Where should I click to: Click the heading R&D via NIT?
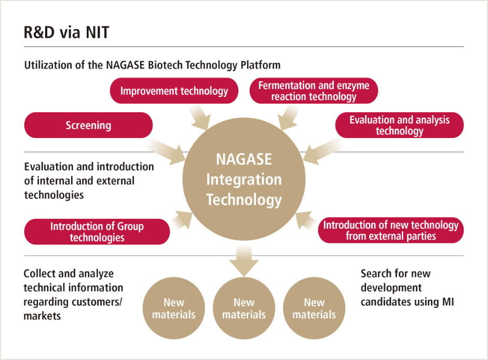[x=66, y=32]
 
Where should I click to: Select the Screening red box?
[x=88, y=125]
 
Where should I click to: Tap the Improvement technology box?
[x=174, y=91]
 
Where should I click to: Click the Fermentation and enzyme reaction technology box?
[x=314, y=91]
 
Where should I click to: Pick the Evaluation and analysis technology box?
[x=399, y=125]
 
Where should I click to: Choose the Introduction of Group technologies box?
[x=97, y=231]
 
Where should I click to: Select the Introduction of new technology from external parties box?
[x=390, y=230]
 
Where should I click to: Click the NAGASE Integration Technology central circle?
[x=244, y=179]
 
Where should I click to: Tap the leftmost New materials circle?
[x=174, y=308]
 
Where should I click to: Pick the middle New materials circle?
[x=244, y=308]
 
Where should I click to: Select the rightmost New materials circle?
[x=314, y=308]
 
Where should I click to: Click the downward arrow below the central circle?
[x=244, y=259]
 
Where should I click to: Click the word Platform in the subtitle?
[x=261, y=65]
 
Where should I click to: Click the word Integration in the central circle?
[x=244, y=179]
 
